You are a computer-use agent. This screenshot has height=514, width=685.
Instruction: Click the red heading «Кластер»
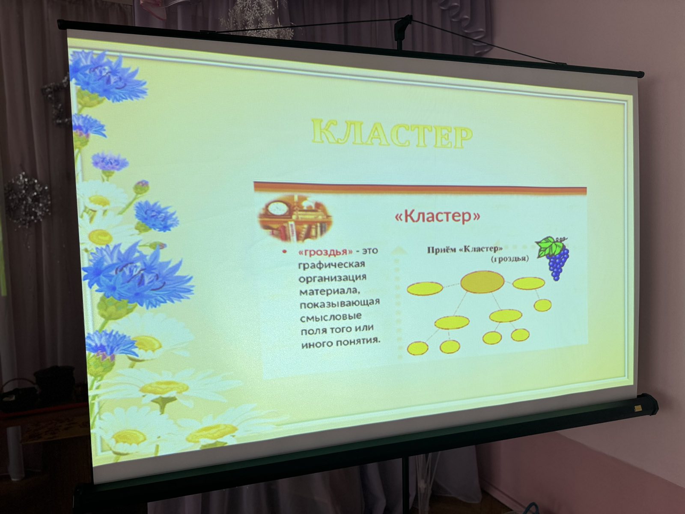tap(438, 216)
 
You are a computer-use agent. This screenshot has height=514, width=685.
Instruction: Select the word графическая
tap(332, 265)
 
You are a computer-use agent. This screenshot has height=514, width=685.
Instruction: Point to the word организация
tap(333, 278)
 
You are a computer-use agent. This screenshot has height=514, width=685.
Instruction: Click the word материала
tap(330, 291)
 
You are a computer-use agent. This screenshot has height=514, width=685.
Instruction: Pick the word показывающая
tap(340, 303)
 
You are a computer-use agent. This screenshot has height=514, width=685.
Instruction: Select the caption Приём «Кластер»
tap(465, 249)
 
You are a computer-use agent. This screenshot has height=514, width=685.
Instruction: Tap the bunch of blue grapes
tap(557, 262)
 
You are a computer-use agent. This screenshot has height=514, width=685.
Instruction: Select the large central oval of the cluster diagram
tap(482, 281)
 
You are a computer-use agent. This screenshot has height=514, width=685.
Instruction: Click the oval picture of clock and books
tap(295, 218)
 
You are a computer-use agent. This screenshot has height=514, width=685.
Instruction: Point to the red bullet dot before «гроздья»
tap(284, 252)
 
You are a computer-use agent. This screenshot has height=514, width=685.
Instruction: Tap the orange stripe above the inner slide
tap(420, 188)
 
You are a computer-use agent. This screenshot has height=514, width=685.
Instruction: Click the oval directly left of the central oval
tap(425, 288)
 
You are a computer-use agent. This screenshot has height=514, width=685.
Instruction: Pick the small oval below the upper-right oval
tap(542, 305)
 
